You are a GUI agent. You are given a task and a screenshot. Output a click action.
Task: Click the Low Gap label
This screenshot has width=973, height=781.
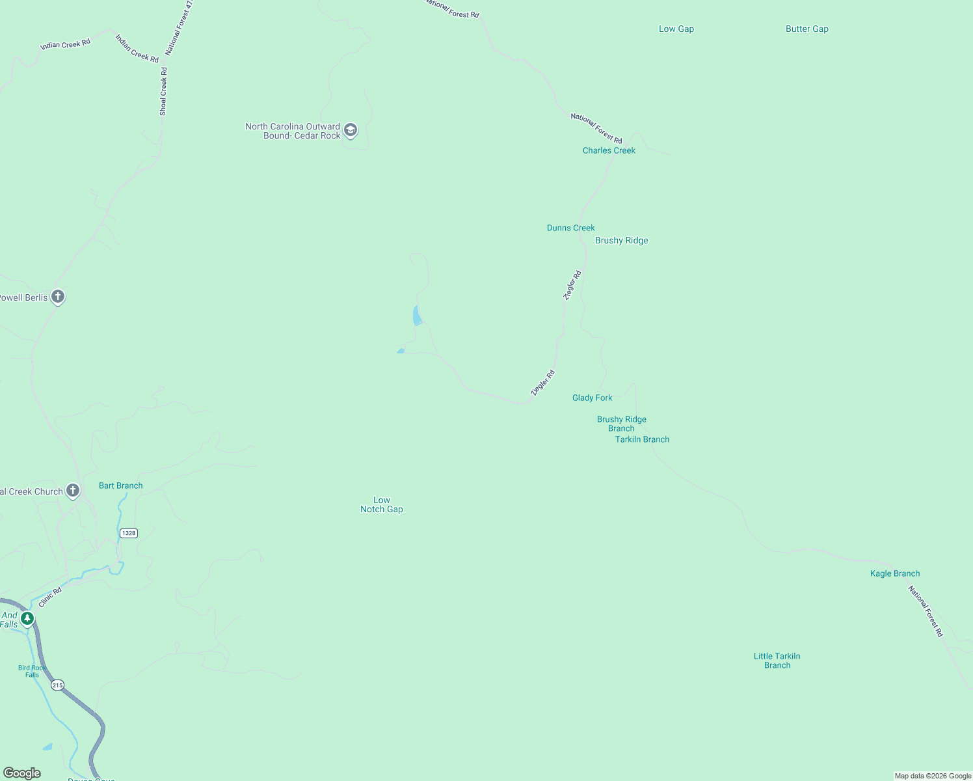[x=676, y=29]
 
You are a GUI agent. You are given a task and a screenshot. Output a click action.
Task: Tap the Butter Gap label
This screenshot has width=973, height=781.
[x=806, y=29]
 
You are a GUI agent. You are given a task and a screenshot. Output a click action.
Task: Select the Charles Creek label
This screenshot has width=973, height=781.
[x=609, y=150]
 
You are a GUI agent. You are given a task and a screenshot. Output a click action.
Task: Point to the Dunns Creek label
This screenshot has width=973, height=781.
[x=570, y=228]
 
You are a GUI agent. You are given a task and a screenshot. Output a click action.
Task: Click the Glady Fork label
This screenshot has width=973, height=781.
[x=592, y=398]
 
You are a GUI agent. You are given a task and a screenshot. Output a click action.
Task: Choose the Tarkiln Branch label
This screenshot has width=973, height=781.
[x=642, y=439]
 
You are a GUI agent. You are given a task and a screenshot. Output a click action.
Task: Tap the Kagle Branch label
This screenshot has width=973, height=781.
[x=894, y=573]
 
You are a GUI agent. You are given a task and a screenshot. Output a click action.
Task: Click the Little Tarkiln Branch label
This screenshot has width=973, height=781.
[x=777, y=661]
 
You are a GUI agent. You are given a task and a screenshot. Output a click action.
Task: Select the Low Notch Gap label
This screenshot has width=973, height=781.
[x=382, y=505]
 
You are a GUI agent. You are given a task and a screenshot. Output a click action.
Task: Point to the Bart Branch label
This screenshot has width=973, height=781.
[x=120, y=486]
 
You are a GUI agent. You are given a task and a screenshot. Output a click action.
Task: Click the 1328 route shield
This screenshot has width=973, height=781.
[x=129, y=533]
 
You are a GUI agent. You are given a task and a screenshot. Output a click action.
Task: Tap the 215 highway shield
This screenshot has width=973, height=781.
[x=58, y=685]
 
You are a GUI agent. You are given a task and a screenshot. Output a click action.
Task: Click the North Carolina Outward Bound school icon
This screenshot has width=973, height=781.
[x=351, y=130]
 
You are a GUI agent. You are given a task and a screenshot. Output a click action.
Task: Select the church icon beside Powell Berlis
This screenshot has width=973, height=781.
[x=58, y=297]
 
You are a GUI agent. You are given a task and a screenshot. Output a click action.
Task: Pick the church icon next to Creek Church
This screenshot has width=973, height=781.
[x=73, y=491]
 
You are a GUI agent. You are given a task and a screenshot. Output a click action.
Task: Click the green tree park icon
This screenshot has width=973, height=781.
[x=27, y=618]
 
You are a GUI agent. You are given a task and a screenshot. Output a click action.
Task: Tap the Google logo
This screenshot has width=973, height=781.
[x=22, y=773]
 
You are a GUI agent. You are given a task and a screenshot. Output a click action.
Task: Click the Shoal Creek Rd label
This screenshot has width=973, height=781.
[x=163, y=92]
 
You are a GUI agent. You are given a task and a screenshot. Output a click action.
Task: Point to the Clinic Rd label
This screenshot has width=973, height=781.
[x=50, y=597]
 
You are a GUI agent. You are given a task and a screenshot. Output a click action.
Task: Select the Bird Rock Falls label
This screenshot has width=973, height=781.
[x=32, y=671]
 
